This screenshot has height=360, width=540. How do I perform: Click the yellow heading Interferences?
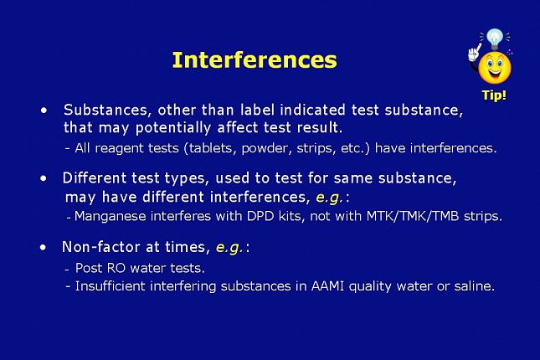click(255, 60)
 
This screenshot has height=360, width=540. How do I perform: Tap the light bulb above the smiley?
click(495, 39)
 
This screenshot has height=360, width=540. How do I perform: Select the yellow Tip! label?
click(494, 95)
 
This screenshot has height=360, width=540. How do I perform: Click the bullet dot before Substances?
click(44, 111)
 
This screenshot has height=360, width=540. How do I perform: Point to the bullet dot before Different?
click(44, 178)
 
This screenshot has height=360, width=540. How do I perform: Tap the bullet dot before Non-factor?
click(43, 247)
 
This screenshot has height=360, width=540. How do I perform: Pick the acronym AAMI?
click(327, 286)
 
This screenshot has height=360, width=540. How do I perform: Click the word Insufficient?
click(111, 286)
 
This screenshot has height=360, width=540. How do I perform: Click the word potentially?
click(173, 128)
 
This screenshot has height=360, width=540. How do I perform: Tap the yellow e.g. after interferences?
click(329, 198)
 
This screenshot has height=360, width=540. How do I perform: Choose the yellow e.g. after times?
click(229, 247)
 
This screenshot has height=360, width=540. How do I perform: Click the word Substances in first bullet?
click(108, 111)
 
